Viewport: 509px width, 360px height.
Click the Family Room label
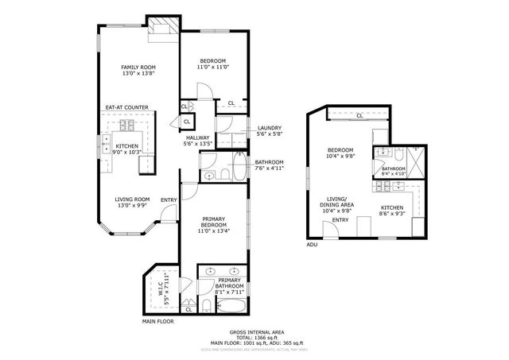138,68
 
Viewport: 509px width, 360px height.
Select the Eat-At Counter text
127,107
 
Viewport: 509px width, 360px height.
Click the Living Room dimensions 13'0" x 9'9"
133,206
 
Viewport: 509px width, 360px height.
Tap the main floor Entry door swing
168,213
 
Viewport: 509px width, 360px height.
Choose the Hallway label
197,137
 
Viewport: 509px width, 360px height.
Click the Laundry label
268,130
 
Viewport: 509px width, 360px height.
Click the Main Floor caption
159,321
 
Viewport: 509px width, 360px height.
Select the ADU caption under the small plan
312,245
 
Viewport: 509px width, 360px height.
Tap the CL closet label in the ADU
359,116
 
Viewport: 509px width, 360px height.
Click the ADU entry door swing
328,230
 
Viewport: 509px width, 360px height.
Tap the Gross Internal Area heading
256,331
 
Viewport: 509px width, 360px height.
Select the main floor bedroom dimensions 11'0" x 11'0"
212,68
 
